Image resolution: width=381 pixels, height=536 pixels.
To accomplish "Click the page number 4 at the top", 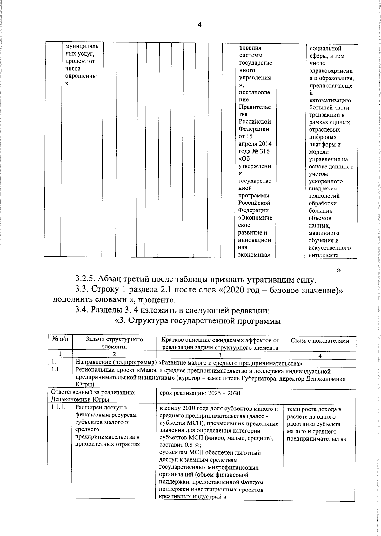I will tap(199, 26).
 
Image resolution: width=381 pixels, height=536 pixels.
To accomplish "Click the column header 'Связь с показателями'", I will tap(320, 341).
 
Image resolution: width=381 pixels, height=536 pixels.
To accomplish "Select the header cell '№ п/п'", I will tap(60, 339).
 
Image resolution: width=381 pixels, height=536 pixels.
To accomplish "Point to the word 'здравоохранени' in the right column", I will tap(331, 71).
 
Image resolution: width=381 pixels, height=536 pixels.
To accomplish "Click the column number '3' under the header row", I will tap(220, 356).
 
